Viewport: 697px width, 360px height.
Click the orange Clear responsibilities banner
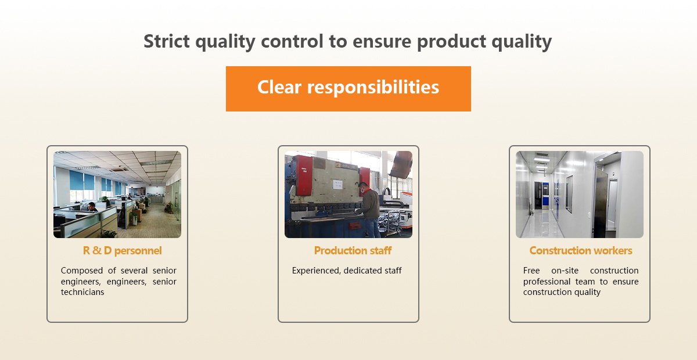point(348,89)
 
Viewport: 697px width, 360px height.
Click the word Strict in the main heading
point(167,41)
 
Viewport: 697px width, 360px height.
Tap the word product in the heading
point(451,42)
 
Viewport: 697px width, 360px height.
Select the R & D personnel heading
point(123,250)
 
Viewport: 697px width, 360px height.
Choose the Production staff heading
point(353,250)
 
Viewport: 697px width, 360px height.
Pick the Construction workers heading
point(581,250)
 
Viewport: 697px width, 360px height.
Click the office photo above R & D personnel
point(117,195)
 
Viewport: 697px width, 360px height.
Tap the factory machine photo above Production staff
point(348,195)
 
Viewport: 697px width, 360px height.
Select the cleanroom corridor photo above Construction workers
point(580,195)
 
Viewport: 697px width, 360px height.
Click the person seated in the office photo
point(92,207)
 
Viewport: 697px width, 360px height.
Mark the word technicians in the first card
point(82,292)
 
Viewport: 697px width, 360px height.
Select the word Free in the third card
point(531,271)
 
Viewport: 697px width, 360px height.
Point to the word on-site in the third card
point(565,271)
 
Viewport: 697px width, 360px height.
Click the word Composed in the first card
point(82,271)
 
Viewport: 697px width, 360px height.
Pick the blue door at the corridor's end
point(545,196)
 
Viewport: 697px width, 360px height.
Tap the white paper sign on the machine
point(337,184)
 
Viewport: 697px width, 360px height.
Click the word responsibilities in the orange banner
point(373,87)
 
